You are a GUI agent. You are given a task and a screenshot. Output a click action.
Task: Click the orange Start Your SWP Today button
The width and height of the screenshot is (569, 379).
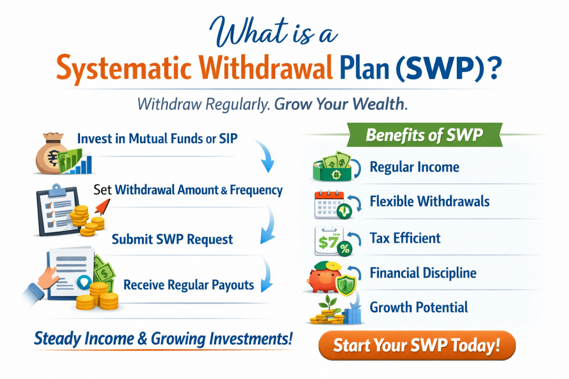417,346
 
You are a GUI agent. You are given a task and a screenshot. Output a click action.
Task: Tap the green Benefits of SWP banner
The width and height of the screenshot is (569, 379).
423,135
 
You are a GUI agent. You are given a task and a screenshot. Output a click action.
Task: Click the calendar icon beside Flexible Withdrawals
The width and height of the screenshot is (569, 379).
328,203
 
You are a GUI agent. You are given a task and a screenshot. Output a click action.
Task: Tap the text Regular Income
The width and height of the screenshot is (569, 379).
415,166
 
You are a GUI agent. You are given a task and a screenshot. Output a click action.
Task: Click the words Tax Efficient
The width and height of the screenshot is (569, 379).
405,239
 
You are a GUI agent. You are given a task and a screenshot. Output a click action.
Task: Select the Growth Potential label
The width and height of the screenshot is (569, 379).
419,307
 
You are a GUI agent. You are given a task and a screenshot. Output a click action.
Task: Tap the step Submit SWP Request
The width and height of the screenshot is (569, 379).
172,240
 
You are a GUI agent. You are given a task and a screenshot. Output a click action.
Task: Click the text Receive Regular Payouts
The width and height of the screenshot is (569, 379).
188,285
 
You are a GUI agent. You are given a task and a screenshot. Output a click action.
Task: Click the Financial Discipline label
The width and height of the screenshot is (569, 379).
423,273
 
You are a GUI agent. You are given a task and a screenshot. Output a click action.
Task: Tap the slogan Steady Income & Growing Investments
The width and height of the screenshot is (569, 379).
163,338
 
